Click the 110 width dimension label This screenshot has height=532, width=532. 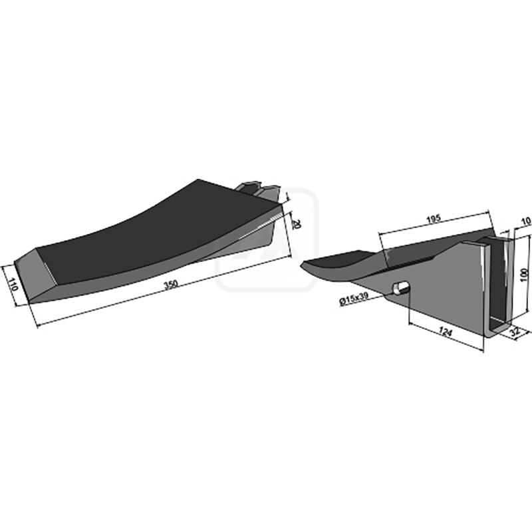click(13, 285)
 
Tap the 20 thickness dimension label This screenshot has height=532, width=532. click(296, 224)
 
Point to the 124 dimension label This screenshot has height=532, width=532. click(446, 331)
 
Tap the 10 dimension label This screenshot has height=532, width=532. click(525, 221)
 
